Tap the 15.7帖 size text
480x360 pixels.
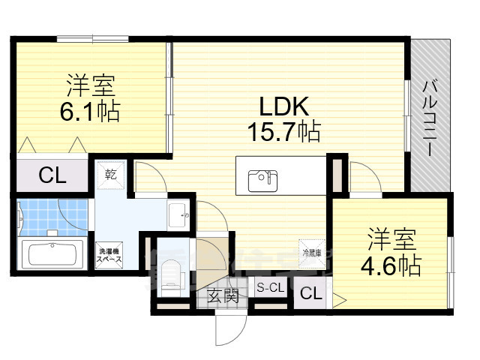coord(284,133)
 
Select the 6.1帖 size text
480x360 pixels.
coord(89,112)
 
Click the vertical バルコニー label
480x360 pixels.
coord(430,115)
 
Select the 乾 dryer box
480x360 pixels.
coord(111,174)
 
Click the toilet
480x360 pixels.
coord(170,270)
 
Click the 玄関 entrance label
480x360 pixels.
coord(222,295)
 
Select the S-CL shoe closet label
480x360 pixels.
coord(270,287)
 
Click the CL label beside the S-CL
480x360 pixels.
coord(310,294)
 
